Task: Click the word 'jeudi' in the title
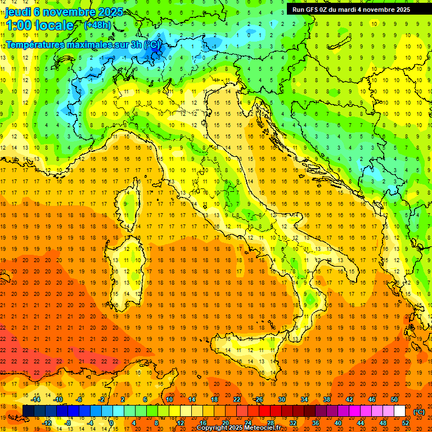[x=18, y=12]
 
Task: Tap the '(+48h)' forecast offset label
[x=97, y=25]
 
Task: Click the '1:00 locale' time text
[x=39, y=25]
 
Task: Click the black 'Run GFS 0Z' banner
[x=351, y=9]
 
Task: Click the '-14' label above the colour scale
[x=35, y=399]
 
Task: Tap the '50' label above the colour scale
[x=394, y=399]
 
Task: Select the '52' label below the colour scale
[x=406, y=423]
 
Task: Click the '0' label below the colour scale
[x=111, y=423]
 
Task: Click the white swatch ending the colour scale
[x=400, y=411]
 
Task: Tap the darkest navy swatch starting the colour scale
[x=28, y=411]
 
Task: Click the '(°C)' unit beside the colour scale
[x=419, y=411]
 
